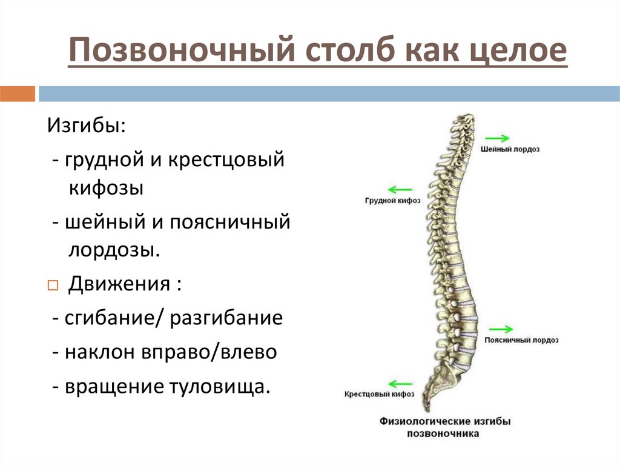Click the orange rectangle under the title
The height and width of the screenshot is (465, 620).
click(x=18, y=94)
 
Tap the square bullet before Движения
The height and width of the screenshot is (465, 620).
click(x=52, y=286)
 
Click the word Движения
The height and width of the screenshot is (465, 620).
click(x=119, y=284)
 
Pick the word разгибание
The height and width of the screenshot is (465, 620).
click(x=226, y=318)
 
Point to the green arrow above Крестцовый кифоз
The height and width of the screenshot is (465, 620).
click(x=400, y=384)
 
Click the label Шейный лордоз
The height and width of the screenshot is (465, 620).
click(x=510, y=149)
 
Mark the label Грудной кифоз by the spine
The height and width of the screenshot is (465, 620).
click(x=393, y=200)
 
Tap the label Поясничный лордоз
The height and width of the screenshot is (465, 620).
click(x=521, y=341)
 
